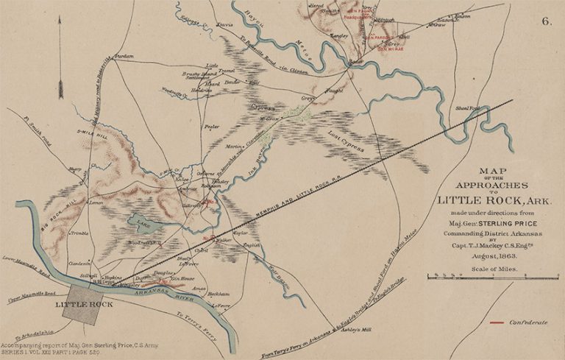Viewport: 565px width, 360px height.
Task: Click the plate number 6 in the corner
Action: pos(547,21)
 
